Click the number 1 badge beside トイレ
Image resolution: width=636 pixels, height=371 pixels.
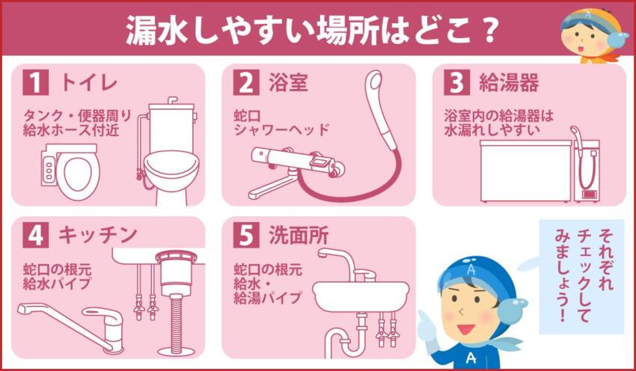tap(35, 82)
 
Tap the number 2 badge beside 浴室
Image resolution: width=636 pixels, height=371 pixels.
tap(245, 82)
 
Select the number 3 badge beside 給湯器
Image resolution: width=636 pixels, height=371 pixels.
tap(456, 82)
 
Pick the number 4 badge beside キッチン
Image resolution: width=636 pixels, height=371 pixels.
tap(35, 236)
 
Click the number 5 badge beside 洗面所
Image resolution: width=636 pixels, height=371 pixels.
tap(245, 236)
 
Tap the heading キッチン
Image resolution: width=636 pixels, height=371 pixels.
tap(98, 236)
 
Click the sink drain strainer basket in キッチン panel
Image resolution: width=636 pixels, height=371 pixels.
tap(176, 269)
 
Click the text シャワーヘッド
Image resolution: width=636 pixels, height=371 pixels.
tap(281, 129)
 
